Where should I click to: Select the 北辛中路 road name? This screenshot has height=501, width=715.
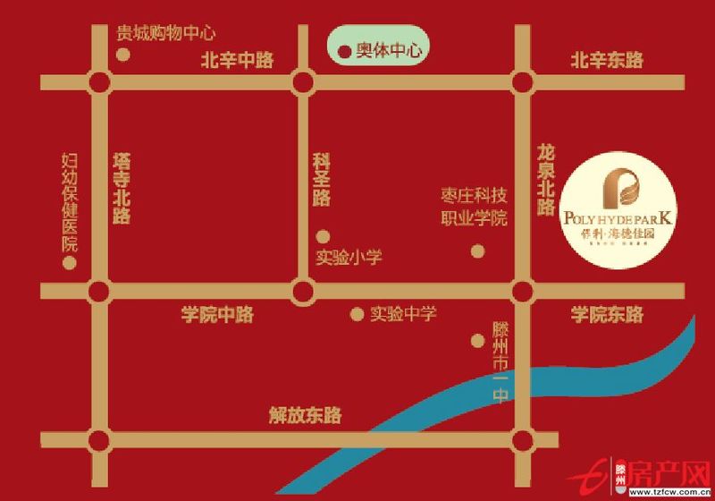(x=237, y=61)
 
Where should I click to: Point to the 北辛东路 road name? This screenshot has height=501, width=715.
(x=607, y=61)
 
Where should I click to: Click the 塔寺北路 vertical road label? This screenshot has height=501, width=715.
(x=122, y=188)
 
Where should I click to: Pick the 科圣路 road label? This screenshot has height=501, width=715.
(x=322, y=180)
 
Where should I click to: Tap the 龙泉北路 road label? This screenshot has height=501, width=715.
(x=546, y=179)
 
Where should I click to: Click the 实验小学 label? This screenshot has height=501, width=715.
(x=349, y=258)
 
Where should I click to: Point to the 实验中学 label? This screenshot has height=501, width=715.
(x=403, y=314)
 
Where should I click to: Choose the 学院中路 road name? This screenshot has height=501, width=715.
(x=218, y=315)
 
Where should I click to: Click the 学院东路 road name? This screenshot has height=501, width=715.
(x=607, y=315)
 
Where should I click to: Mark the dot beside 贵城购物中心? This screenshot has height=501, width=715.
(x=123, y=55)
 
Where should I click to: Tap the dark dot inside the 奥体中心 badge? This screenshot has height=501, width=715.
(x=342, y=51)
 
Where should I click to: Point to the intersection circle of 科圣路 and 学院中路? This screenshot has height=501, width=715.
(x=304, y=292)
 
